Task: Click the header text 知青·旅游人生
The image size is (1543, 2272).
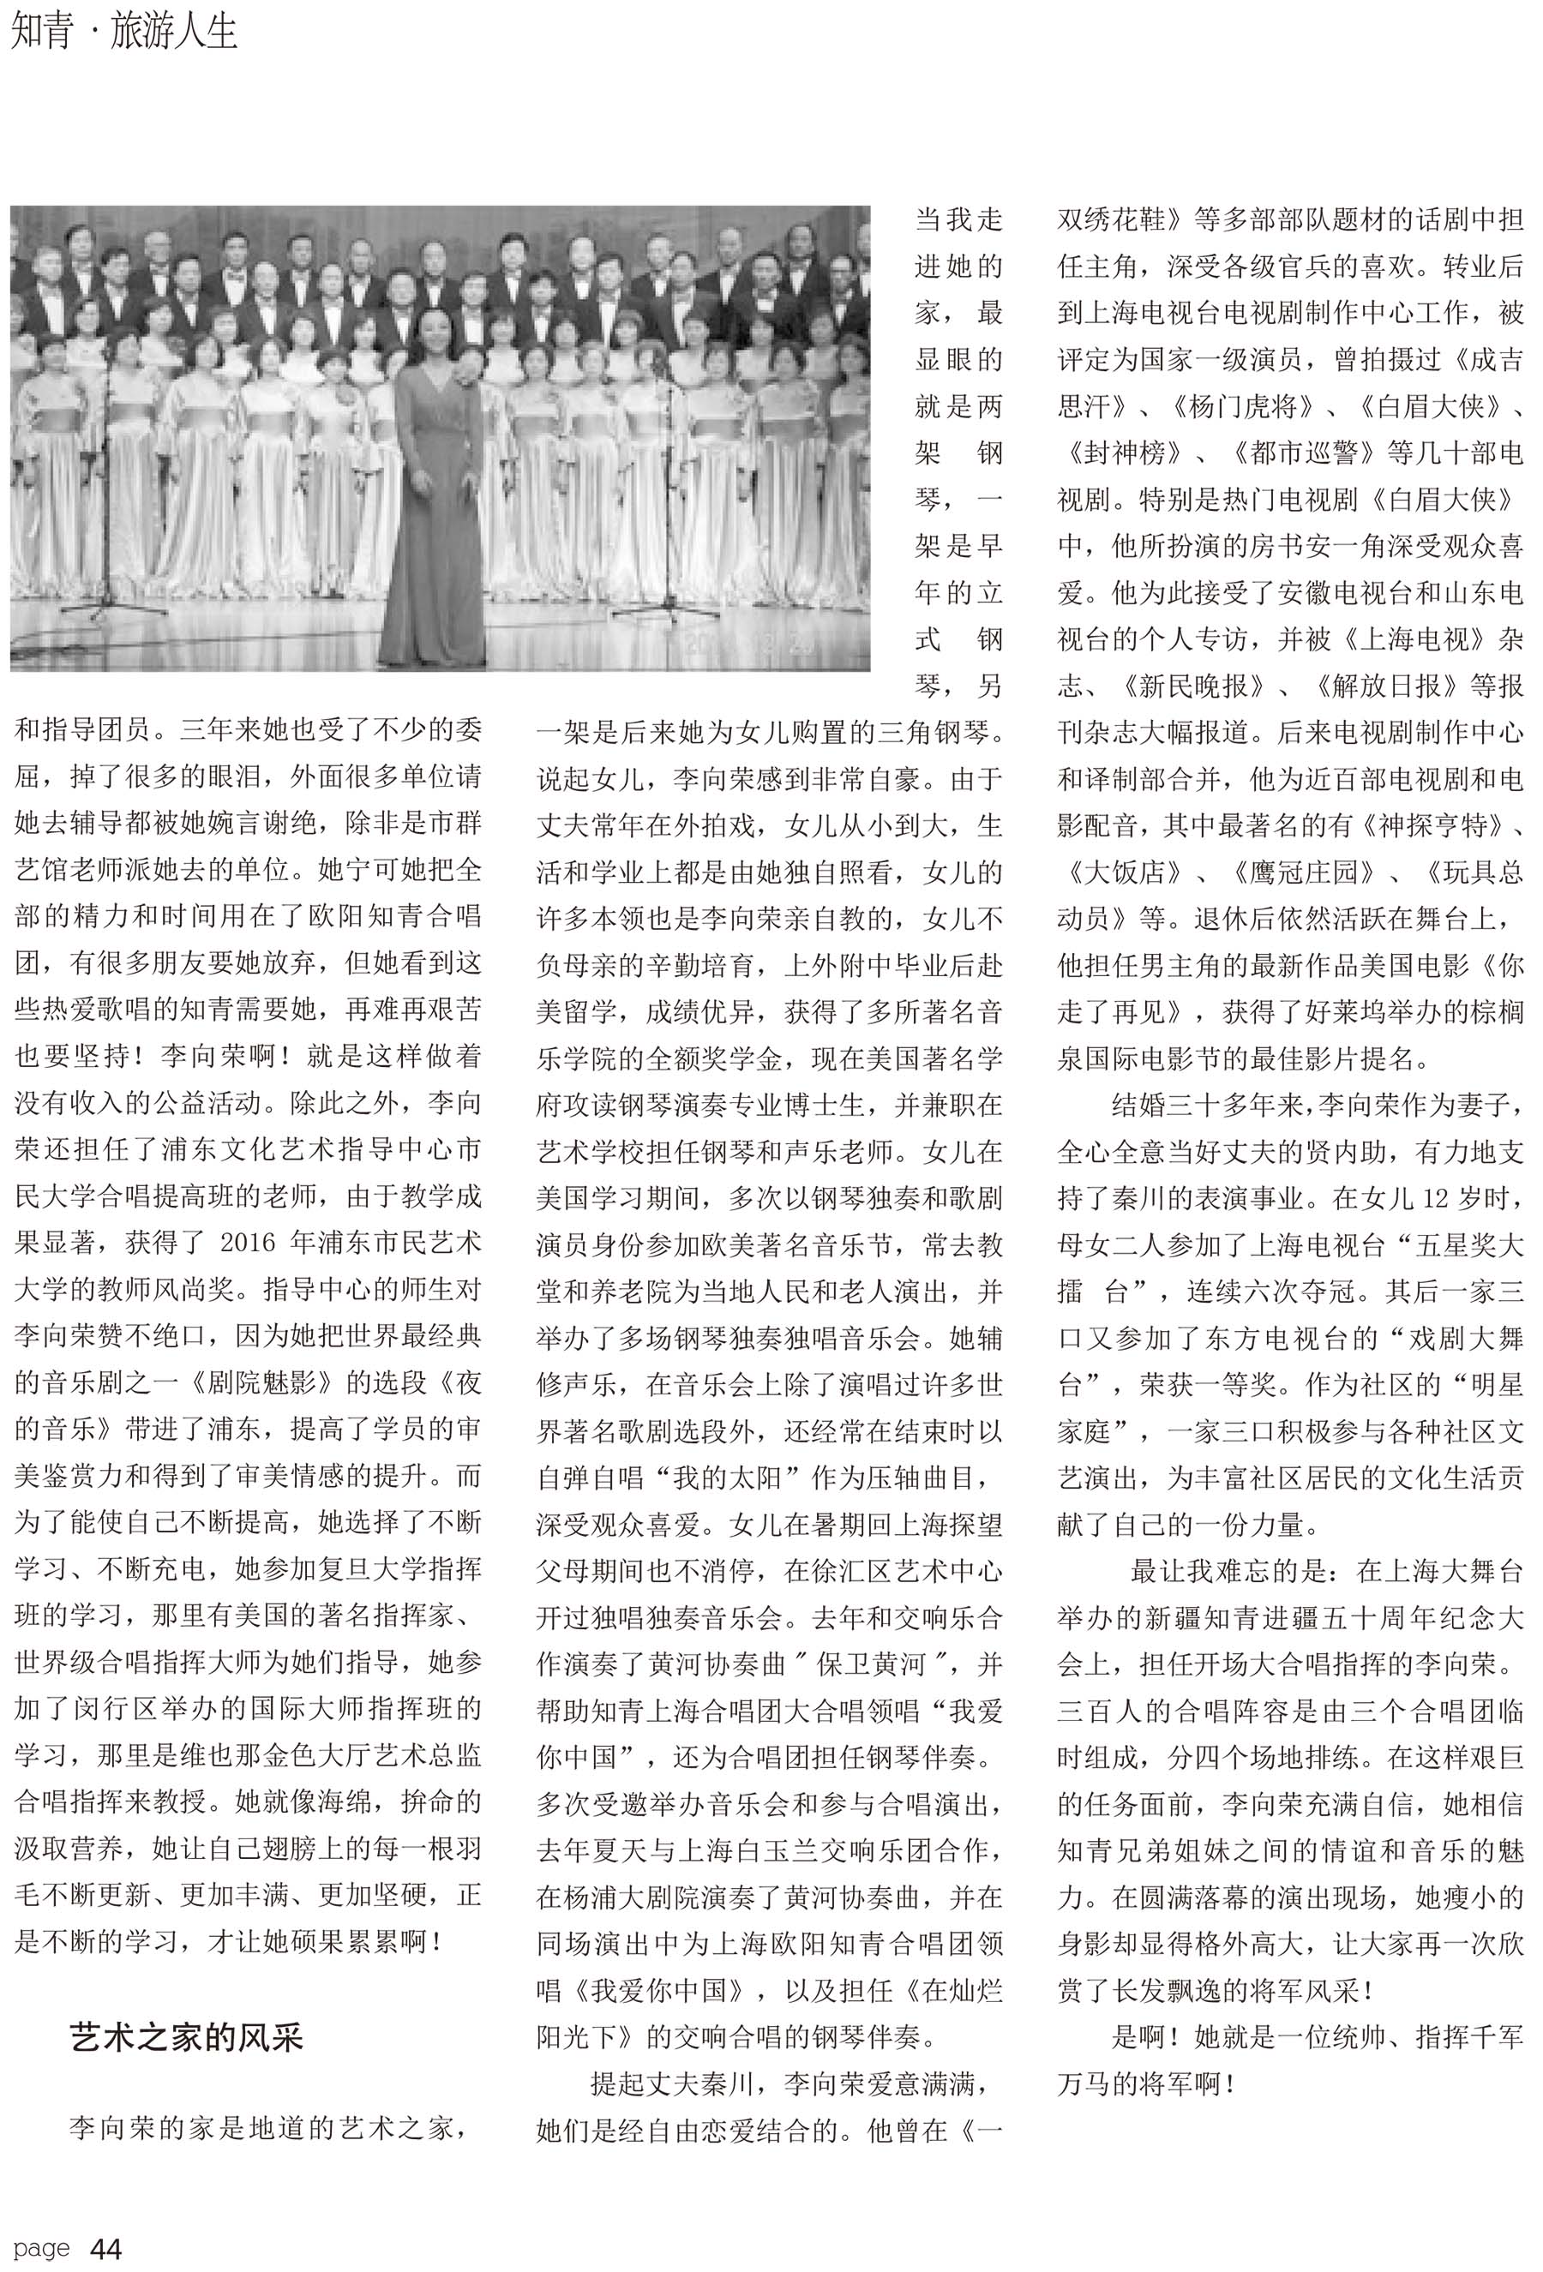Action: tap(123, 32)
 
